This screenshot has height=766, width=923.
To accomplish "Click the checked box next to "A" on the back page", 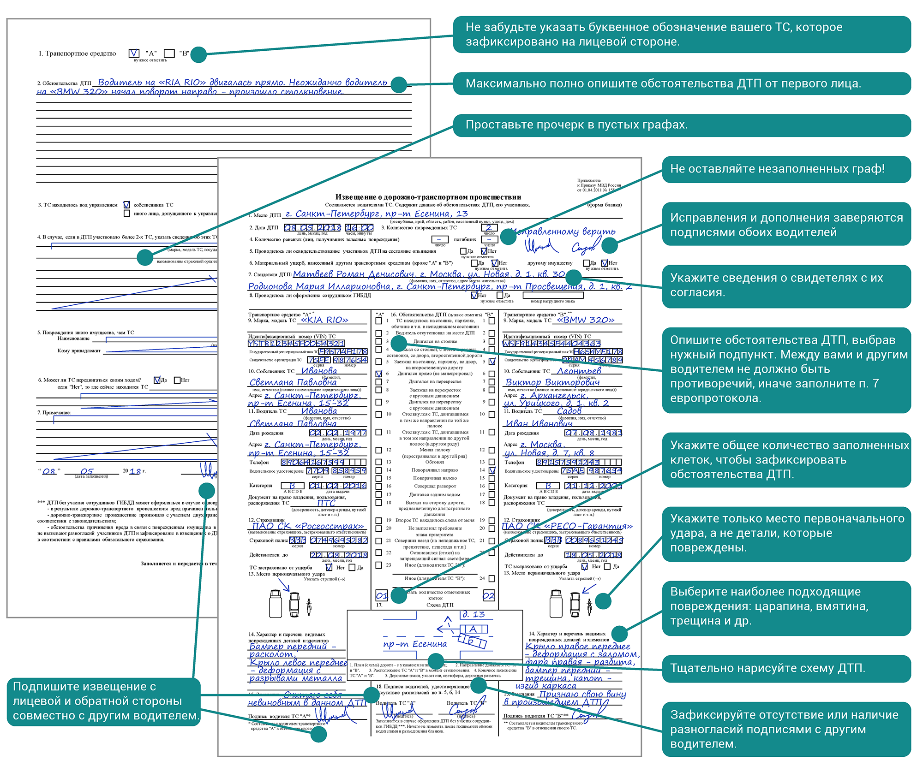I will coord(134,53).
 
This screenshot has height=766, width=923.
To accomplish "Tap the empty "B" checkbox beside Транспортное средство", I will coord(169,53).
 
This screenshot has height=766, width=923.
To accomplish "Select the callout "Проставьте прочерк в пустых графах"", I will coord(682,125).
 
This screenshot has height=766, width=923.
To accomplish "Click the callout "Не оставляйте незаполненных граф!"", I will coord(786,169).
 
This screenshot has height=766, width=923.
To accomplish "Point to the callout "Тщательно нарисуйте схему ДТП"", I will coord(786,668).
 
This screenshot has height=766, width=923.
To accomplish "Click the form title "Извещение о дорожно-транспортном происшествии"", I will coord(428,197).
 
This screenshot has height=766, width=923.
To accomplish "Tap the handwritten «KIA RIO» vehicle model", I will coord(324,320).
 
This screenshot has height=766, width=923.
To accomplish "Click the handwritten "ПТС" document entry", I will coord(326,503).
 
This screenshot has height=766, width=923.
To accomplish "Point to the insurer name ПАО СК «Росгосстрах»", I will coord(308,526).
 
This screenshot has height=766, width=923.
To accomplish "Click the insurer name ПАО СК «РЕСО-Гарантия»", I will coord(567,526).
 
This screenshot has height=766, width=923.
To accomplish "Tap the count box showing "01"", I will coord(382,595).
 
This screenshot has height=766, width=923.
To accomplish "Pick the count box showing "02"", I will coord(488,595).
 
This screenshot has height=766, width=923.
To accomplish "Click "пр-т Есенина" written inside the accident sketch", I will coord(415,644).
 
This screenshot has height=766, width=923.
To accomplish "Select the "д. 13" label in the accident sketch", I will coord(473,614).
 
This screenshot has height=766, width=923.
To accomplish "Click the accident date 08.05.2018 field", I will coord(312,228).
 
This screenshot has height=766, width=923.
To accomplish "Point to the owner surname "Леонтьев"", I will coord(579,371).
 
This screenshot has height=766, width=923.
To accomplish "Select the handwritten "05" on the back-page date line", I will coord(87,471).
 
